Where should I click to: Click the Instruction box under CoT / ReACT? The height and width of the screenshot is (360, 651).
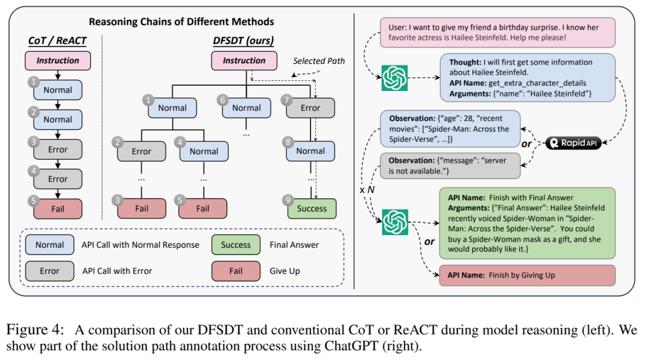[x=58, y=60]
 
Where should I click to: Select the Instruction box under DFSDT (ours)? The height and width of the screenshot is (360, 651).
[x=244, y=60]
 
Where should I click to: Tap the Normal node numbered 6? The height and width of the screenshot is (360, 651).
[x=247, y=108]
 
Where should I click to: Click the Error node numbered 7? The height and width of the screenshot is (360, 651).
[x=310, y=108]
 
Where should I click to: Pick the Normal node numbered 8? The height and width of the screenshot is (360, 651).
[x=310, y=151]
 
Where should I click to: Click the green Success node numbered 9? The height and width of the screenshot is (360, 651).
[x=311, y=209]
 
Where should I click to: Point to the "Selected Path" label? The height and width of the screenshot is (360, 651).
[x=319, y=62]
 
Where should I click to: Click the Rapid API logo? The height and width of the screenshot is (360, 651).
[x=576, y=144]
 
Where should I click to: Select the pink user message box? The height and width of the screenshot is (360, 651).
[x=497, y=33]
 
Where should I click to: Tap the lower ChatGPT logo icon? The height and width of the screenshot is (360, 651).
[x=395, y=221]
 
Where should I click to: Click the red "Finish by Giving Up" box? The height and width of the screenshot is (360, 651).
[x=527, y=275]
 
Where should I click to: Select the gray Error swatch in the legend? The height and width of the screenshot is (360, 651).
[x=49, y=271]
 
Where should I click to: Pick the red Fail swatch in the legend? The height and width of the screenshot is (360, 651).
[x=236, y=271]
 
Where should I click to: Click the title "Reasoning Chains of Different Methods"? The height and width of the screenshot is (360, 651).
[x=181, y=22]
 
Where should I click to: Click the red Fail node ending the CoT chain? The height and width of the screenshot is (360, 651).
[x=58, y=209]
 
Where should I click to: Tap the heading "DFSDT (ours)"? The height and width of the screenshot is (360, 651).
[x=244, y=41]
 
